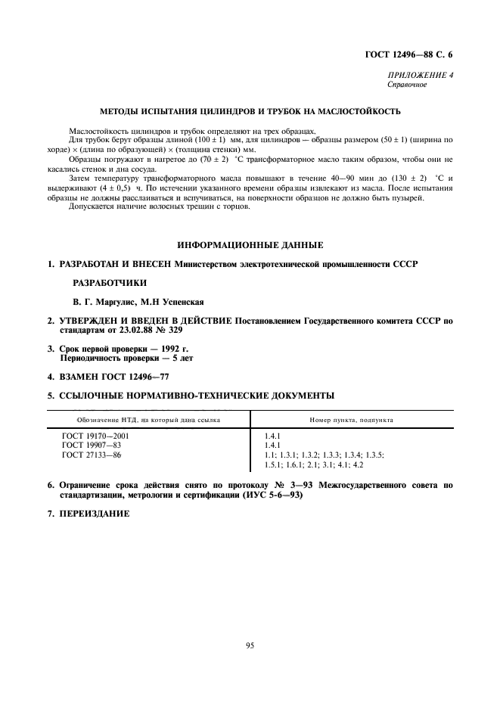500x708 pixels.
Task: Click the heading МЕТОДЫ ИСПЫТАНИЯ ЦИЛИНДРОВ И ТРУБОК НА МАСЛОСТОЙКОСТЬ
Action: click(250, 112)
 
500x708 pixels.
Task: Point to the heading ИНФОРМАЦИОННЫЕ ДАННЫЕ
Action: click(250, 245)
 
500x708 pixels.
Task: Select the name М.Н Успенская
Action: click(172, 300)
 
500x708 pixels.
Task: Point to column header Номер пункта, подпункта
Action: click(351, 420)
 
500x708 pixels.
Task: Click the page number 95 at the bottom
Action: click(250, 645)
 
